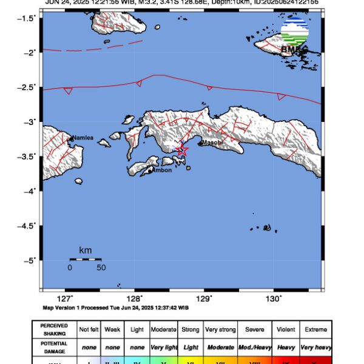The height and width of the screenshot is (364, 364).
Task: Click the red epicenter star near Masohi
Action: [181, 150]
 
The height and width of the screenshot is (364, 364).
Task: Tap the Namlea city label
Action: [83, 138]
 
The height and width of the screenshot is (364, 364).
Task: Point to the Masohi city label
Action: [212, 143]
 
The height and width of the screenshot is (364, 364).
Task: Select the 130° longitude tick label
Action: [274, 298]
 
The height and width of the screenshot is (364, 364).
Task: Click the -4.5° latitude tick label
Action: [27, 225]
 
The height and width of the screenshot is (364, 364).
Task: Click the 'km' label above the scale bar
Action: [85, 250]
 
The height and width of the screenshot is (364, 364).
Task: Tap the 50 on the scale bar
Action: [101, 268]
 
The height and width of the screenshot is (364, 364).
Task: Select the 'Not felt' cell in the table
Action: [90, 329]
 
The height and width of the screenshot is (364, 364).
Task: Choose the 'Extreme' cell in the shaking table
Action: [315, 329]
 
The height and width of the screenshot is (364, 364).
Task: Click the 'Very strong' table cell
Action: [220, 329]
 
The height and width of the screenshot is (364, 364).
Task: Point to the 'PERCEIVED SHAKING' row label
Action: [55, 329]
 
